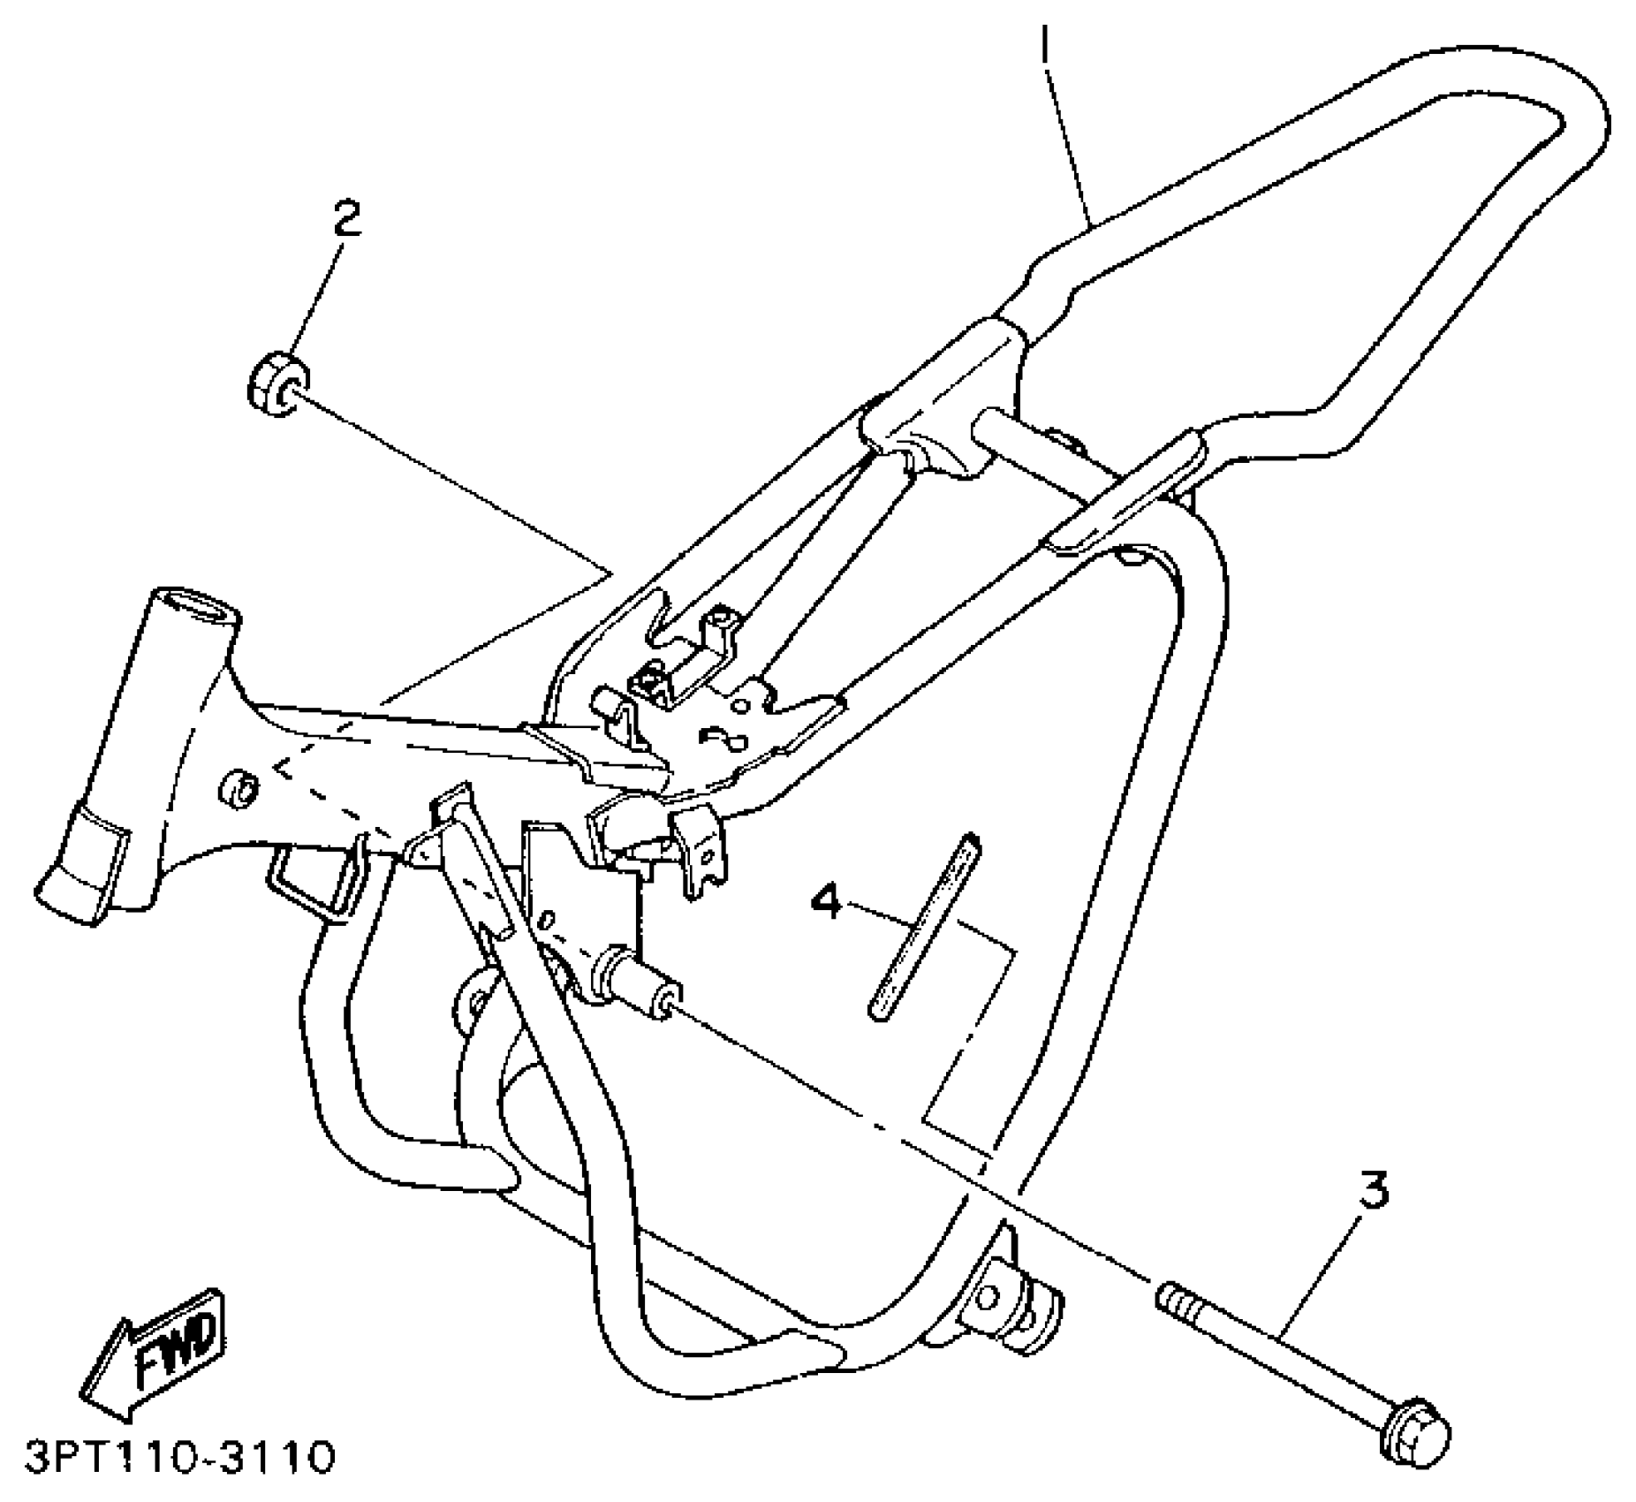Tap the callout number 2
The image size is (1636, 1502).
346,218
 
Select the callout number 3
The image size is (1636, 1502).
1372,1190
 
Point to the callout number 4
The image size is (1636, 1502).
828,902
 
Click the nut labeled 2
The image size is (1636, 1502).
276,385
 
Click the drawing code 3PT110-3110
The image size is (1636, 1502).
180,1458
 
